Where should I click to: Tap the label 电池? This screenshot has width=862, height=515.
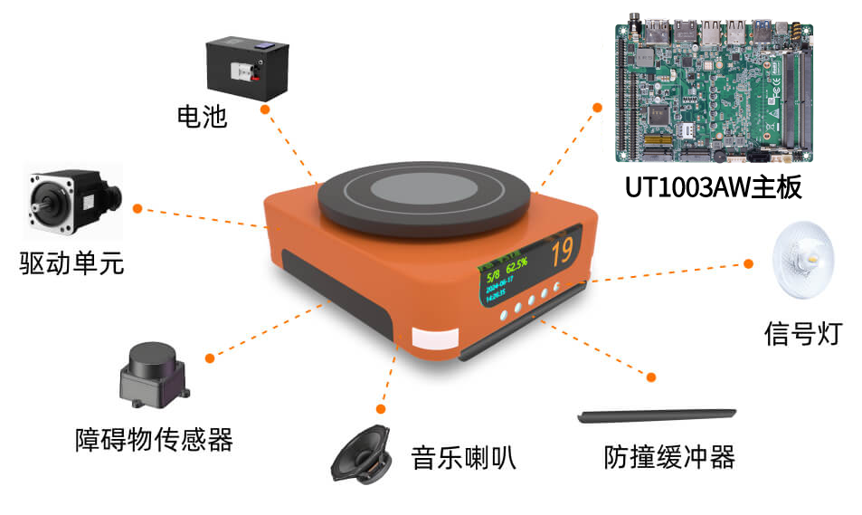coord(202,117)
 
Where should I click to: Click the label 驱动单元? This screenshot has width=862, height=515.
coord(71,263)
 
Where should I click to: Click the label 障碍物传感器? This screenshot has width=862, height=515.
coord(154,440)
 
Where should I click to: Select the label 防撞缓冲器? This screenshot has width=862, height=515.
coord(668,457)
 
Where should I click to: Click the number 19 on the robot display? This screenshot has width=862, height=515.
coord(562,249)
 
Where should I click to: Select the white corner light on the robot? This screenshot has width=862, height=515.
coord(437,340)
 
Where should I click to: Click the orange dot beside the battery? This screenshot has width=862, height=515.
coord(264,109)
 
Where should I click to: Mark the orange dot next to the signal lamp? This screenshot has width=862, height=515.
coord(749,263)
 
